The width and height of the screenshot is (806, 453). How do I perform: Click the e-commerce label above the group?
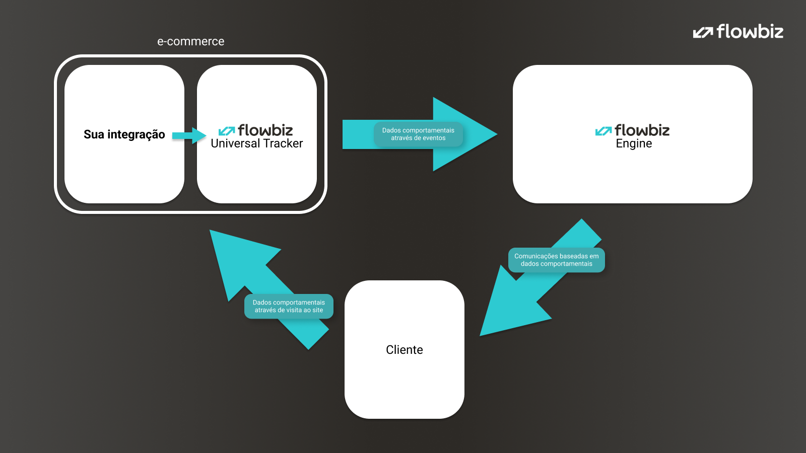pyautogui.click(x=190, y=41)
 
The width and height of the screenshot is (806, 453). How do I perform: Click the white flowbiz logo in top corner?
pyautogui.click(x=738, y=32)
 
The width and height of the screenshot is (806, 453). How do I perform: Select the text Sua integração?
pyautogui.click(x=124, y=134)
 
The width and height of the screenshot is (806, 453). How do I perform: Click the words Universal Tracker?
pyautogui.click(x=256, y=143)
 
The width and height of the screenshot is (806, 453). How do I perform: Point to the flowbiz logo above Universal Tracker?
pyautogui.click(x=256, y=130)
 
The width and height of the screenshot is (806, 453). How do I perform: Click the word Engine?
pyautogui.click(x=634, y=144)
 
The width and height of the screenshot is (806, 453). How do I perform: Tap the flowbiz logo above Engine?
pyautogui.click(x=633, y=130)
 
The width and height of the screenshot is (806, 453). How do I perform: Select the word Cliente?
pyautogui.click(x=404, y=350)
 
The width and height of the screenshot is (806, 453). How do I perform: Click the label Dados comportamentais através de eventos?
pyautogui.click(x=418, y=134)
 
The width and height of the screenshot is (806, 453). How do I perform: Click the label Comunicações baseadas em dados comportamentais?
pyautogui.click(x=556, y=260)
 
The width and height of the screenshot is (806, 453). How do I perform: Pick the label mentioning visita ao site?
pyautogui.click(x=289, y=306)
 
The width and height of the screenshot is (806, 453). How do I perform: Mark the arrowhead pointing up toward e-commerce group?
pyautogui.click(x=237, y=257)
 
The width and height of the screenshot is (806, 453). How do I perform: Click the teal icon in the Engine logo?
pyautogui.click(x=603, y=131)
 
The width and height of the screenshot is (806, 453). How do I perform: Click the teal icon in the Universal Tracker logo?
pyautogui.click(x=226, y=131)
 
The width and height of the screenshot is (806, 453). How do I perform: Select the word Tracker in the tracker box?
pyautogui.click(x=283, y=143)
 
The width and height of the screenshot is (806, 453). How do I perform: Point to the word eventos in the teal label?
pyautogui.click(x=434, y=138)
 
